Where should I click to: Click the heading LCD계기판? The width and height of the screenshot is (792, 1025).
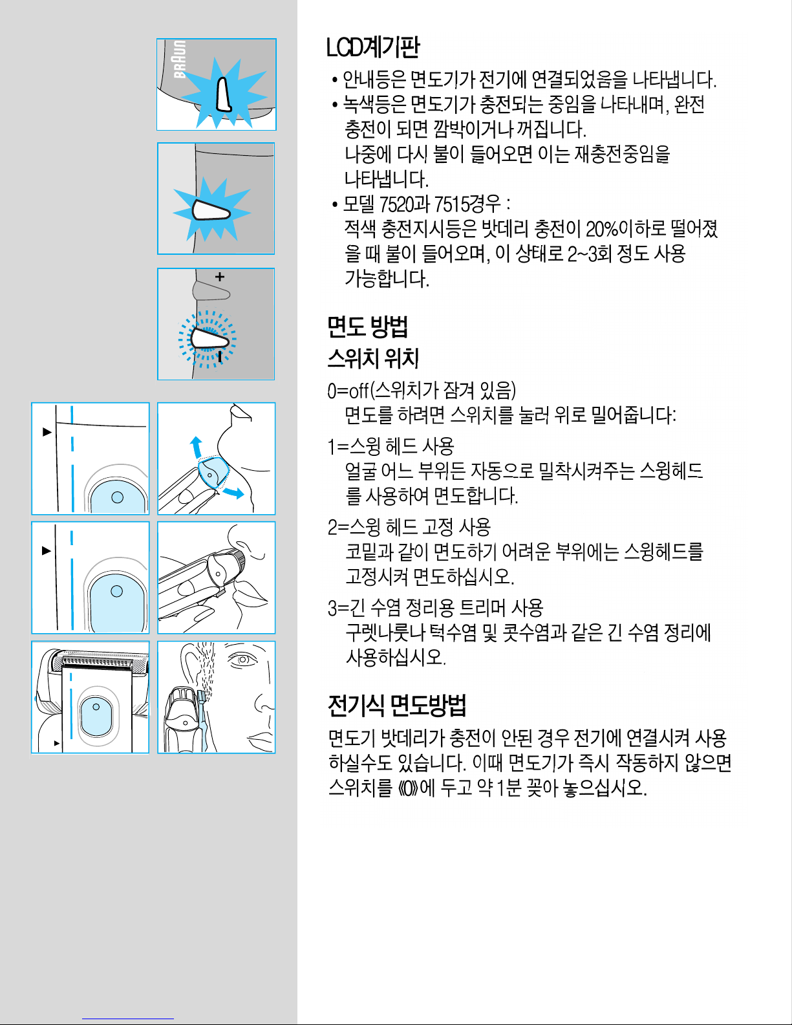point(372,47)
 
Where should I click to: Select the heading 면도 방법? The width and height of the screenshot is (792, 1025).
point(368,326)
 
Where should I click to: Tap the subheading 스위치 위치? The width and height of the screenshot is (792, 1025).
point(373,358)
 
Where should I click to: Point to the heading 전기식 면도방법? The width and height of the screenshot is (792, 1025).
point(397,705)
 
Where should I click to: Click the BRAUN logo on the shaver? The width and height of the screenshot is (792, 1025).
point(180,59)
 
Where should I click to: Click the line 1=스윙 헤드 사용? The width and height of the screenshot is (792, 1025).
point(391,446)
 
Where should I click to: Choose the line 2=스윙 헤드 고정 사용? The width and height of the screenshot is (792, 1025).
point(409,527)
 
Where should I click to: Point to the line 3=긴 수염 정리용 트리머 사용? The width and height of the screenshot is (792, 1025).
point(435,608)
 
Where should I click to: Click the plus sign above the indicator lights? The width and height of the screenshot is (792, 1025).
point(220,277)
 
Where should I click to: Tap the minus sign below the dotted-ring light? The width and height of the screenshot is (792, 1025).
point(220,356)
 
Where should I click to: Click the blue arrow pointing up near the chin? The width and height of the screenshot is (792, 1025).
point(196,446)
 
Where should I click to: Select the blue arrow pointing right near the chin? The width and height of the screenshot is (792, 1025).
point(234,493)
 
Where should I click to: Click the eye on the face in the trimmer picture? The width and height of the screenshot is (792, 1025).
point(242,660)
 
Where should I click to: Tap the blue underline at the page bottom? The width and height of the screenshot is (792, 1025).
point(128,1019)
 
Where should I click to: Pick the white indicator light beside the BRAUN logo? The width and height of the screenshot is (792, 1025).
point(224,95)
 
